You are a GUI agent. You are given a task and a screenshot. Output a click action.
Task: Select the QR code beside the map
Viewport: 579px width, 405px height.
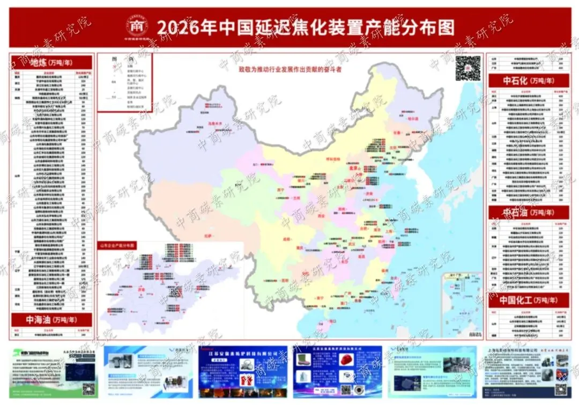pos(466,68)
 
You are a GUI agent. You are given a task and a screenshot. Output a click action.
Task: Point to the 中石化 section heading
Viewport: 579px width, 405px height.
pos(528,81)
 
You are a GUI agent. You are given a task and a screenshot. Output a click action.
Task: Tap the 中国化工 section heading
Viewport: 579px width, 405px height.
pos(528,300)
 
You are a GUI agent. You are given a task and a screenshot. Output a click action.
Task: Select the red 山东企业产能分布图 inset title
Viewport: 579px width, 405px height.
pos(117,245)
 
